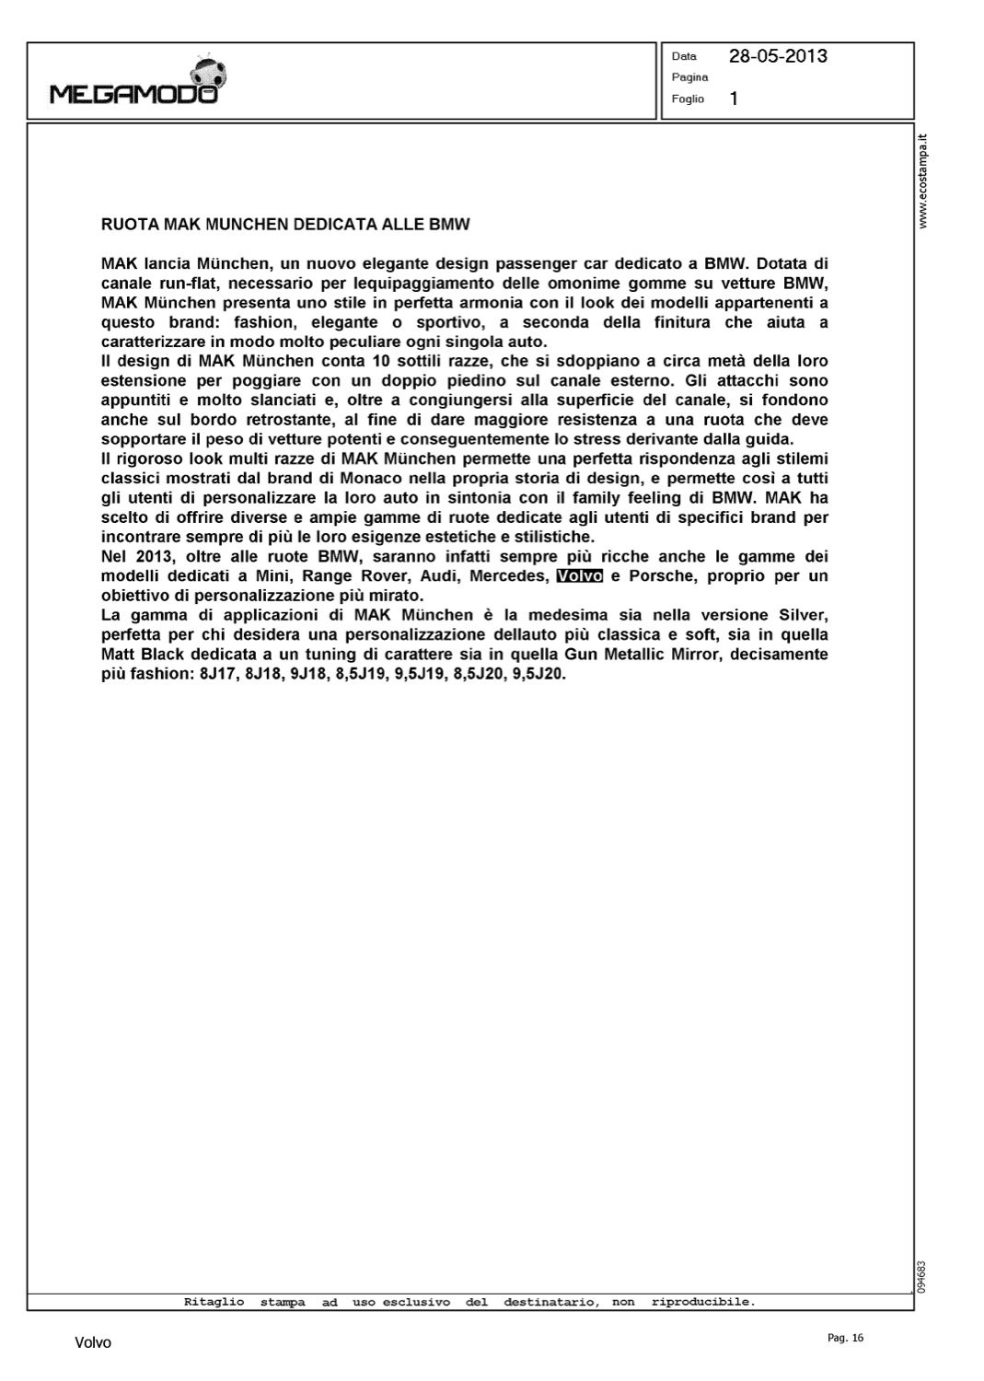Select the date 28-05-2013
coord(778,56)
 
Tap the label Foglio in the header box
coord(688,99)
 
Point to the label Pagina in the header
coord(689,77)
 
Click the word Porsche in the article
coord(661,576)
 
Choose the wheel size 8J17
coord(217,674)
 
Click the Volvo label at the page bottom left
coord(93,1343)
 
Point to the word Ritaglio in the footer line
coord(214,1302)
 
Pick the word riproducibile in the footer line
coord(702,1302)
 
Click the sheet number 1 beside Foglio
coord(734,99)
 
